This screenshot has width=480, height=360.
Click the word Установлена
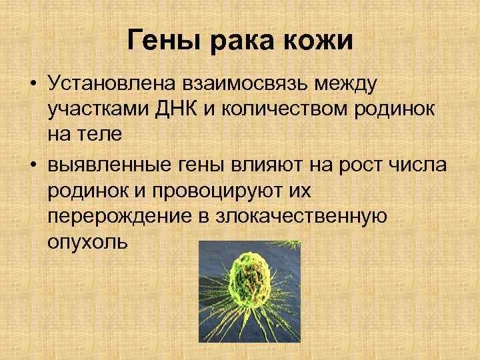click(111, 85)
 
